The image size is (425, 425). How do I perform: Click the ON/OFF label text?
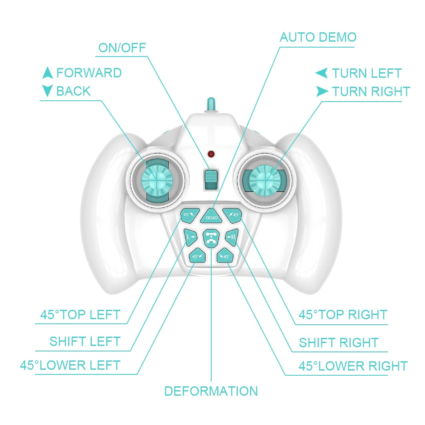pos(122,48)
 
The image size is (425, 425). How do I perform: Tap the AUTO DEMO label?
pos(317,37)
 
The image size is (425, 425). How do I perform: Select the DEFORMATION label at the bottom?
pos(211,391)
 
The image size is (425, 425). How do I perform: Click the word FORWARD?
pos(89,73)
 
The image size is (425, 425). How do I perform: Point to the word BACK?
pos(73,91)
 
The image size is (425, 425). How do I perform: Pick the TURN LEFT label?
pos(366,74)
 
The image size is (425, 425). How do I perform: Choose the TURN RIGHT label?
pos(371,91)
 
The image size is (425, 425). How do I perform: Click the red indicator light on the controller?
pos(210,153)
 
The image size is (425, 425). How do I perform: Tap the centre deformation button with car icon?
pos(210,238)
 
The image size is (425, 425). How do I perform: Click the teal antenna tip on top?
pos(211,103)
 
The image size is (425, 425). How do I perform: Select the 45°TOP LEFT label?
pos(80,315)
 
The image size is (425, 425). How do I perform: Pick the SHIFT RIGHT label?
pos(338,343)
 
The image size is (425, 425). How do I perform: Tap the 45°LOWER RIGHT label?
pos(353,366)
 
